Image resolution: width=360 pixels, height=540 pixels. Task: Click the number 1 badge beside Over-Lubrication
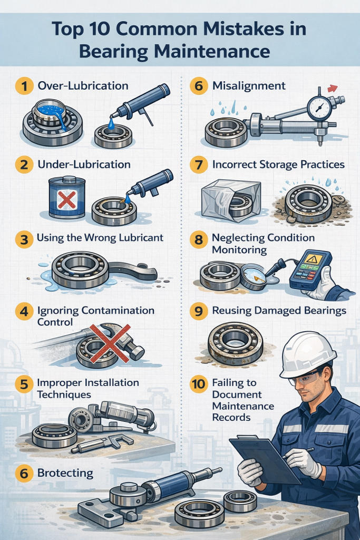24,86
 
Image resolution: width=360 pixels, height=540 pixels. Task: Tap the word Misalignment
249,86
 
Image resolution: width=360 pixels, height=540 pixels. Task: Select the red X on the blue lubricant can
67,200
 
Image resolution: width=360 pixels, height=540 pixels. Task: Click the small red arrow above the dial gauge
332,89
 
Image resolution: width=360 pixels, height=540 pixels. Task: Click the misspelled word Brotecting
65,473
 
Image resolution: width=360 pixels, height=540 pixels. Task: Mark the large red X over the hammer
110,343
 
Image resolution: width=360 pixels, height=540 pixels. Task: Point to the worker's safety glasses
305,378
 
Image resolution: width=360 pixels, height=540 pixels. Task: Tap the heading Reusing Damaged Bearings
279,311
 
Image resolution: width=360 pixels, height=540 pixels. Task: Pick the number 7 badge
199,165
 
